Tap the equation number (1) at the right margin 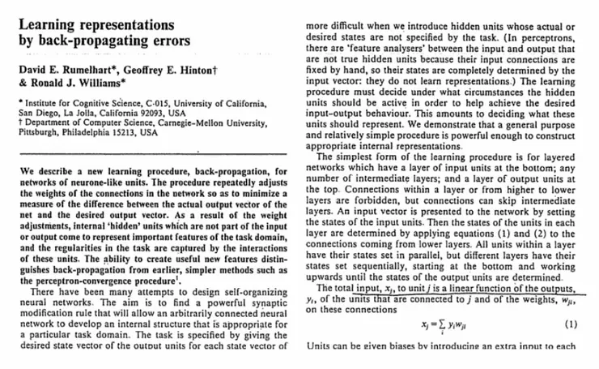(x=569, y=322)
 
